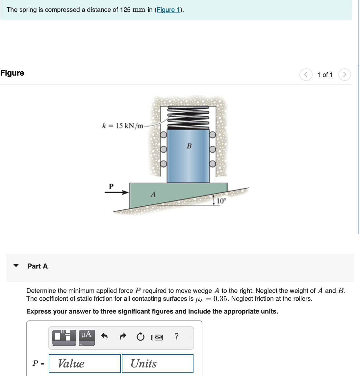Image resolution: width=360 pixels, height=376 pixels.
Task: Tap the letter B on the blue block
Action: [x=189, y=146]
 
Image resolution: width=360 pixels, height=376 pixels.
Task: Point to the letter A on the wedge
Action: [x=153, y=195]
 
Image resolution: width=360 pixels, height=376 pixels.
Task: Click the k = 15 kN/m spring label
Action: [x=123, y=126]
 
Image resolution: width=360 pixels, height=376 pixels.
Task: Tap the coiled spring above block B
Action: [x=188, y=117]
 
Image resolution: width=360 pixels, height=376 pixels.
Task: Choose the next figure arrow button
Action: [x=344, y=75]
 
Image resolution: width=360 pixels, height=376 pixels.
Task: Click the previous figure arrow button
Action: [x=306, y=75]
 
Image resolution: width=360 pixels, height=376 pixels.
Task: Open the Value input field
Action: [x=85, y=364]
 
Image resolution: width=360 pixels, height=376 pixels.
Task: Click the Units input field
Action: [x=157, y=364]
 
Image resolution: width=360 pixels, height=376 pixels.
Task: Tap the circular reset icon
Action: [x=141, y=337]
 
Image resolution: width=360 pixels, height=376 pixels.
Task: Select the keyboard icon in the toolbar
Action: [x=157, y=337]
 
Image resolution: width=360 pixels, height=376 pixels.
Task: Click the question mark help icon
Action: [x=176, y=337]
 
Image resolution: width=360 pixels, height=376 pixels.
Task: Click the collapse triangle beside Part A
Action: [x=16, y=266]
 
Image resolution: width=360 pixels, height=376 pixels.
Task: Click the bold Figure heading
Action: [x=12, y=73]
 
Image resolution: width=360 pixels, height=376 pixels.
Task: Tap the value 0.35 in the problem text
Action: [x=220, y=299]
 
